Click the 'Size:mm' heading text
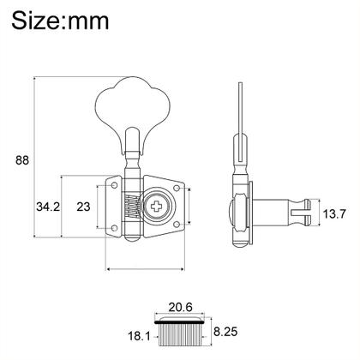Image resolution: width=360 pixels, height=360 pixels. pos(60,21)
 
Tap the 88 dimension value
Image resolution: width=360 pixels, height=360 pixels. pos(22,160)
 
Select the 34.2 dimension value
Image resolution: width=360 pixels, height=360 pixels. pos(48,207)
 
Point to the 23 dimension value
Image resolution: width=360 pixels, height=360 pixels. pos(83,207)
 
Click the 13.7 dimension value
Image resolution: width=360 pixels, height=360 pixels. pos(334,213)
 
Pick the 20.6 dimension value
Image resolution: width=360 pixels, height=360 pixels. pos(181,307)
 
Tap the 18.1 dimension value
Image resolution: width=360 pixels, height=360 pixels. pos(139,336)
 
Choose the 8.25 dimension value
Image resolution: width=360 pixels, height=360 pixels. pos(225,332)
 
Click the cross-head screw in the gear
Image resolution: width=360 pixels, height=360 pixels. pos(157,206)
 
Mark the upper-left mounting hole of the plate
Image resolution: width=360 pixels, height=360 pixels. pos(114,185)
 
